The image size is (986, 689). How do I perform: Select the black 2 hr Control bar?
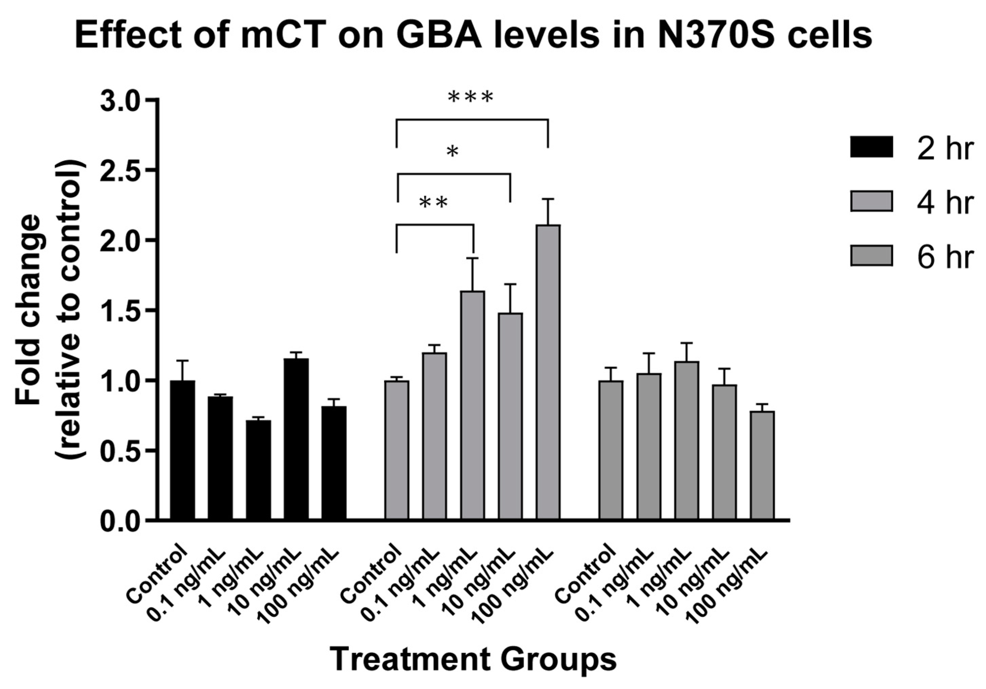pyautogui.click(x=183, y=451)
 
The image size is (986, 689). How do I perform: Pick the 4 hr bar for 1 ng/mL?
pyautogui.click(x=473, y=406)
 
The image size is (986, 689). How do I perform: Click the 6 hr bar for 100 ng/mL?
pyautogui.click(x=762, y=466)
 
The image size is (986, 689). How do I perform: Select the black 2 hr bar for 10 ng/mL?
pyautogui.click(x=296, y=439)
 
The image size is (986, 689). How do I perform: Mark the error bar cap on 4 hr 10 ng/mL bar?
pyautogui.click(x=510, y=284)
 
